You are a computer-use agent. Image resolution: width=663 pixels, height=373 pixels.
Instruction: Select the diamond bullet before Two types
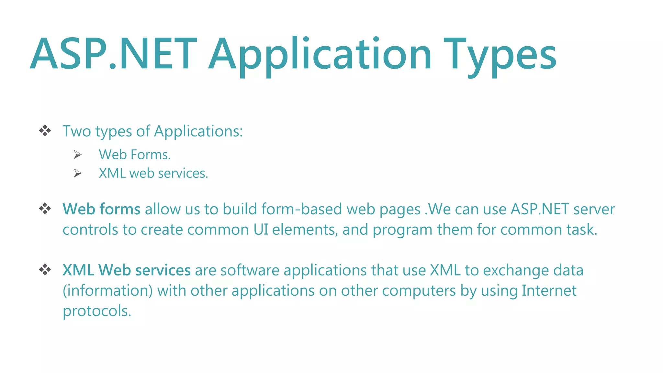coord(45,131)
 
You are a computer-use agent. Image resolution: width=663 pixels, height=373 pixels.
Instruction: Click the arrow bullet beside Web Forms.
coord(77,155)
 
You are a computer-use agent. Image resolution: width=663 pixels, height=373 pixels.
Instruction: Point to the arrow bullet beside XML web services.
coord(77,173)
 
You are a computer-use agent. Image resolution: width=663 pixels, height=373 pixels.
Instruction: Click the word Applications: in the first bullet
coord(198,131)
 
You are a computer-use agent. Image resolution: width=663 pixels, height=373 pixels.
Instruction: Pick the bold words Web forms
coord(101,209)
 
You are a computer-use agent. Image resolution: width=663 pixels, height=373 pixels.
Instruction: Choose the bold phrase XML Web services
coord(127,270)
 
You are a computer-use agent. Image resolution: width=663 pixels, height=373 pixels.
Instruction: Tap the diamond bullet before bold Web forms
coord(45,209)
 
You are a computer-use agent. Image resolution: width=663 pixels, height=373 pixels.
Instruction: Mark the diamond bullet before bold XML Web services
coord(45,269)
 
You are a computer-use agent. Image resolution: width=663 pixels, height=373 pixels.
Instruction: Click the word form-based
coord(301,209)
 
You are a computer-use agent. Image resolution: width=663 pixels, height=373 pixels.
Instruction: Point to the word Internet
coord(549,290)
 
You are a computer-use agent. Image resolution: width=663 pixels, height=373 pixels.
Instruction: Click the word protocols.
coord(97,311)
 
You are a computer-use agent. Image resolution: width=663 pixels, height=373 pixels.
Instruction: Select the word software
coord(250,270)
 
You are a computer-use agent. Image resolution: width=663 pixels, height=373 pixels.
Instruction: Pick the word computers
coord(419,290)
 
